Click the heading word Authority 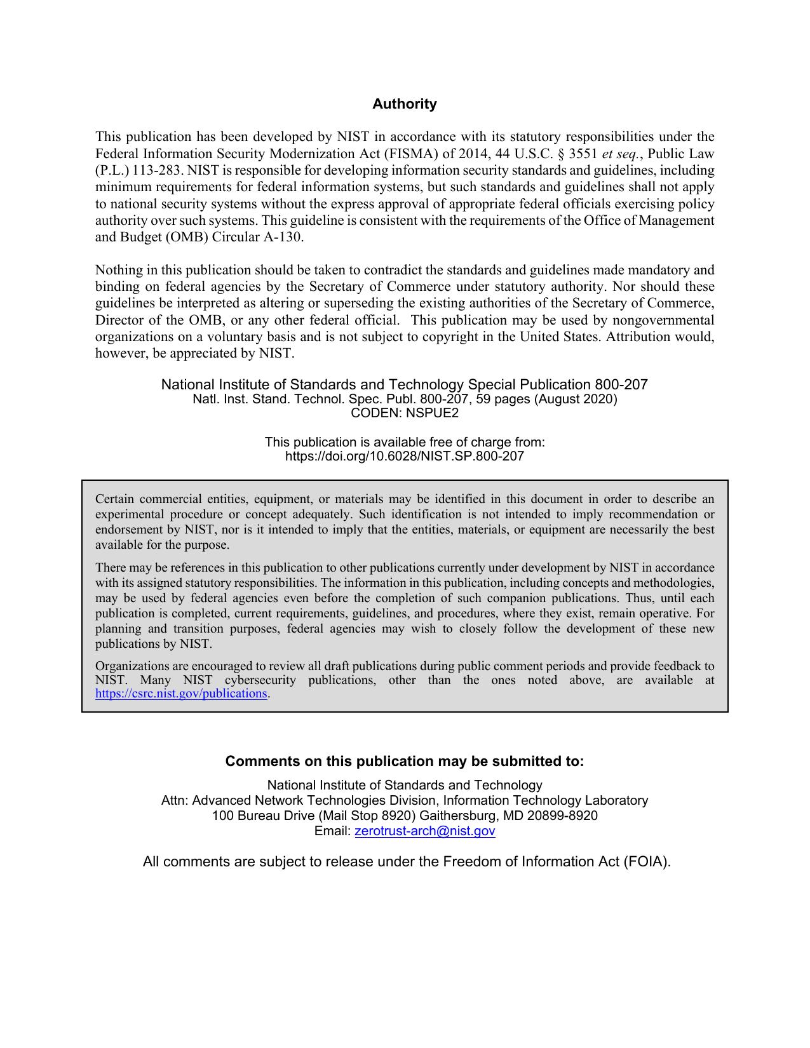click(404, 104)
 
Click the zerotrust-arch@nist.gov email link click(424, 831)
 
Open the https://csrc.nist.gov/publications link click(181, 694)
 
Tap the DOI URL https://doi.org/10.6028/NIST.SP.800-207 click(404, 456)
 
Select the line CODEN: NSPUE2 click(404, 413)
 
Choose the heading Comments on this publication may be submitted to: click(404, 761)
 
